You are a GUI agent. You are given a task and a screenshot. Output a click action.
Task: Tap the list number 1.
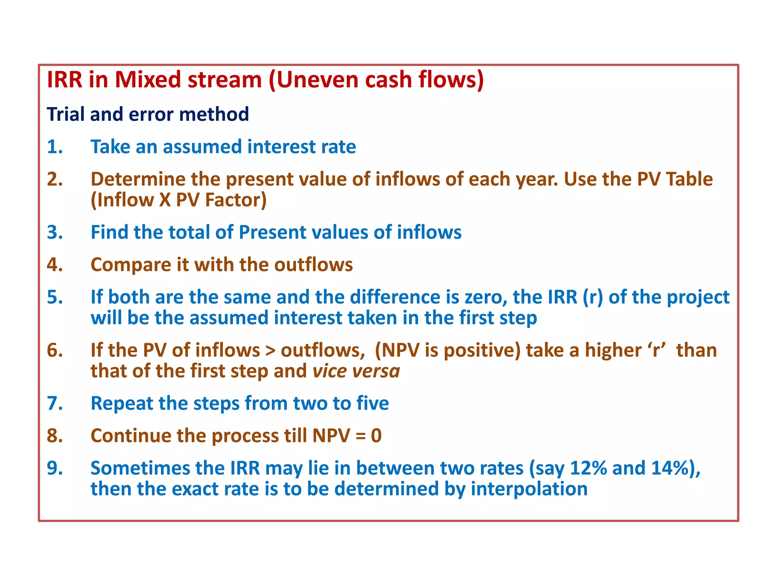pyautogui.click(x=55, y=147)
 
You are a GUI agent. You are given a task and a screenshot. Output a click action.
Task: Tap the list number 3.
pyautogui.click(x=55, y=232)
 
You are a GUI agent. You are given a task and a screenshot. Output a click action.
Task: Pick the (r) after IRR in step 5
pyautogui.click(x=593, y=297)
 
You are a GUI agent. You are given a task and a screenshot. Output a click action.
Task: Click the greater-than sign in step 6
pyautogui.click(x=270, y=350)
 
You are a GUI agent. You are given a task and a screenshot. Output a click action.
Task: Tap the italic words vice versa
pyautogui.click(x=356, y=371)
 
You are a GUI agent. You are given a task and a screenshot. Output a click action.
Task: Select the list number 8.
pyautogui.click(x=55, y=436)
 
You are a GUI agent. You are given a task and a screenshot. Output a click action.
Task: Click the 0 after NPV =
pyautogui.click(x=376, y=436)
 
